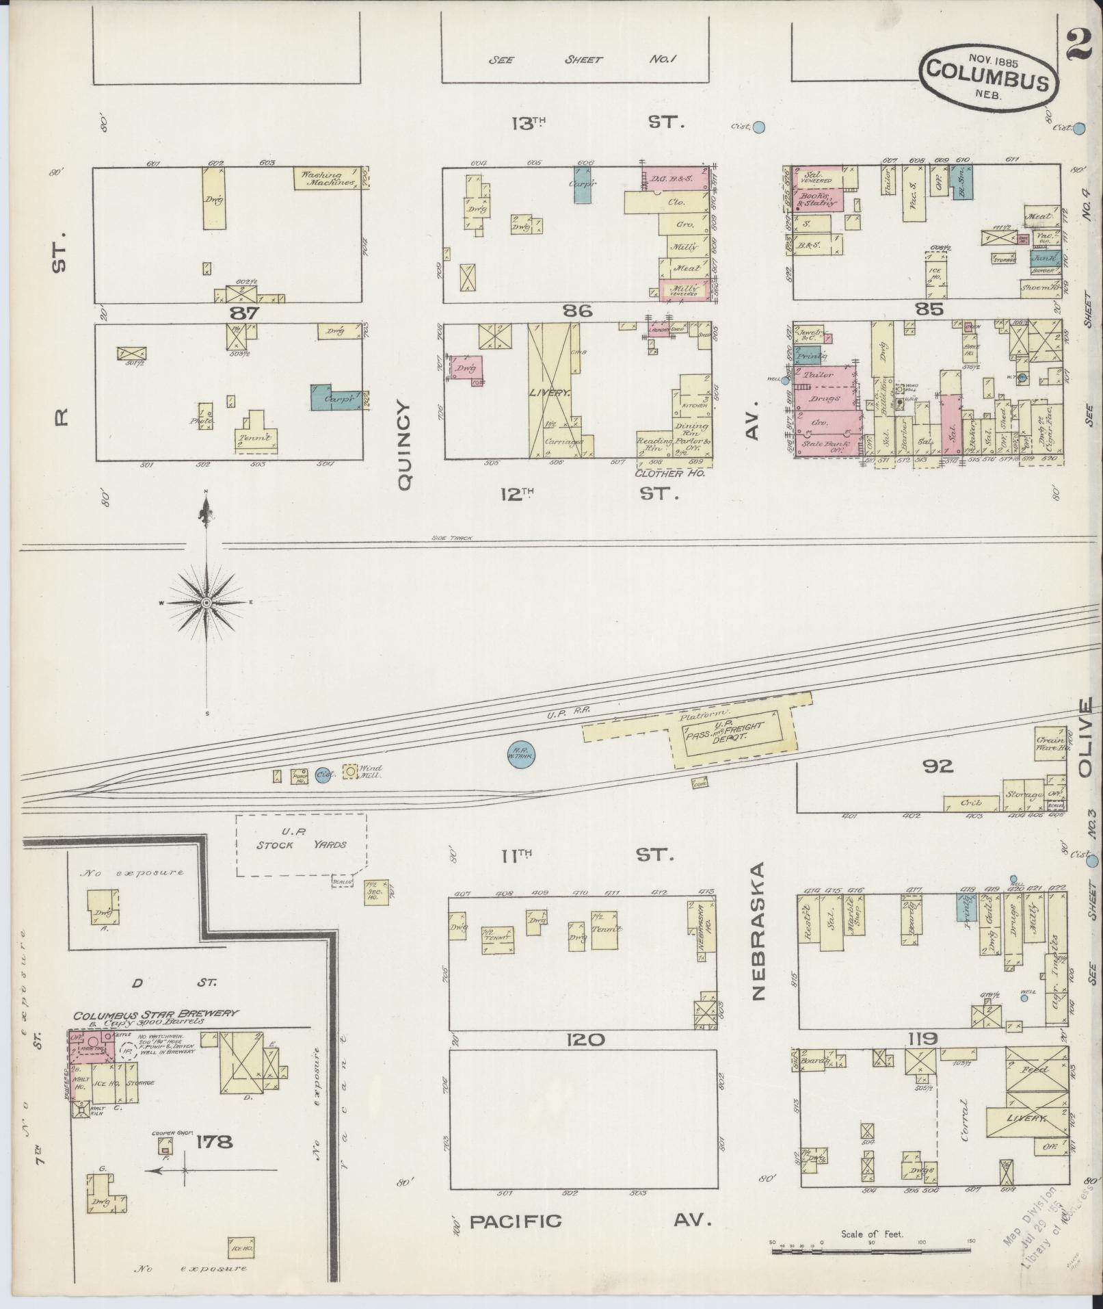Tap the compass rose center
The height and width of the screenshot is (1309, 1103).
point(206,601)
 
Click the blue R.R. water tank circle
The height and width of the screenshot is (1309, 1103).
point(520,755)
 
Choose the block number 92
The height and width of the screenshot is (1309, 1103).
point(938,766)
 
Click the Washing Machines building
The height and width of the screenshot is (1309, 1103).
point(330,178)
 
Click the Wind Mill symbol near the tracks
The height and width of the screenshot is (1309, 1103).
point(350,772)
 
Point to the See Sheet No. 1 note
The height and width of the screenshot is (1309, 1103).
point(581,60)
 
